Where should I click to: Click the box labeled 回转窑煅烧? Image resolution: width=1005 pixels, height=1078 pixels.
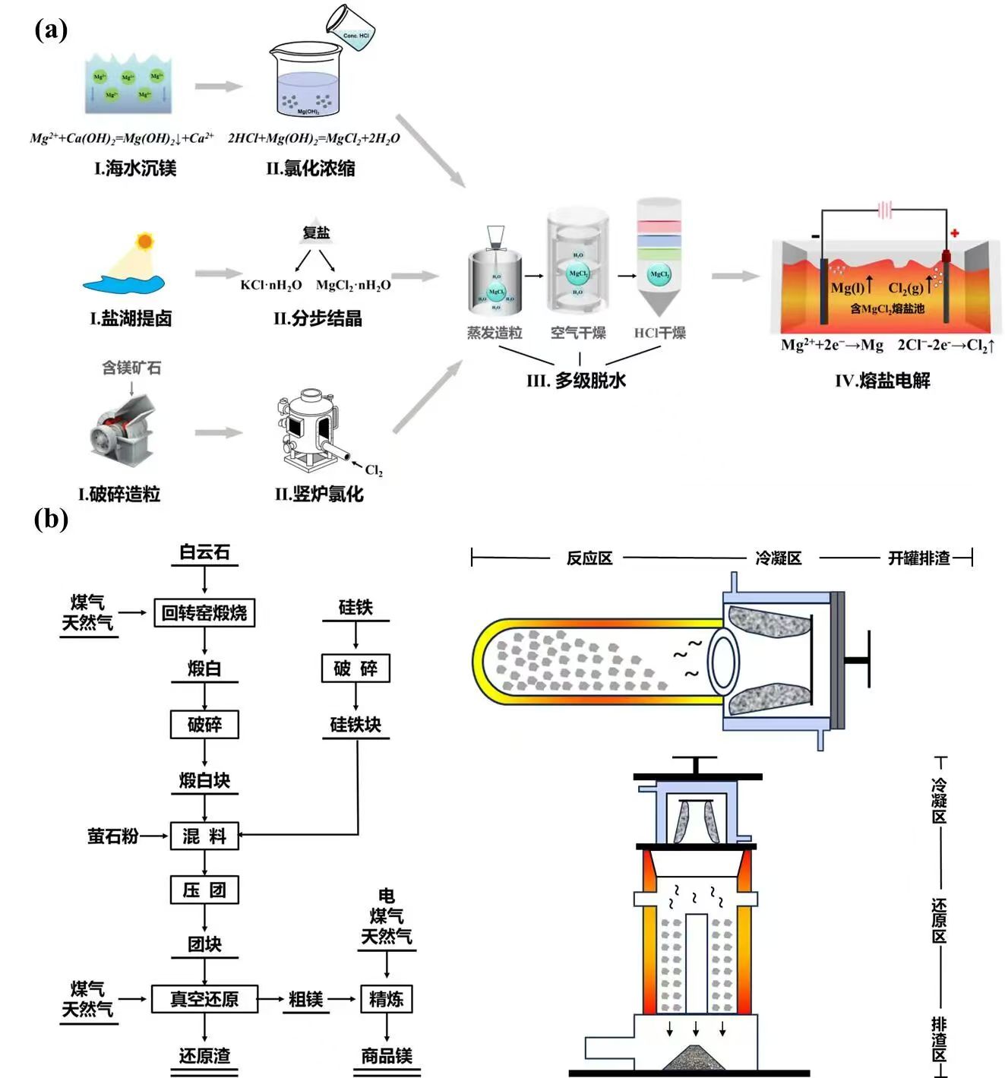click(204, 612)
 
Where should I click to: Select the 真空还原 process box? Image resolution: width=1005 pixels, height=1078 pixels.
click(204, 998)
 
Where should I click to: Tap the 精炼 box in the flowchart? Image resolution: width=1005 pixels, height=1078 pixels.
click(386, 998)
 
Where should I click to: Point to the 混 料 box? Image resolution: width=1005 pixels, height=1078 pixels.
click(204, 836)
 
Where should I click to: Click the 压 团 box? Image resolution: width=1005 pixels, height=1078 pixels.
click(204, 890)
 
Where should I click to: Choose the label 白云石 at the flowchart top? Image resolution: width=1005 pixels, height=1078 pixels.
click(204, 552)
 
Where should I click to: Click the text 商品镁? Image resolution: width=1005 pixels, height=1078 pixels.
click(387, 1055)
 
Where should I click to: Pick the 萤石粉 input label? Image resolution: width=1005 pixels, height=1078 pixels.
click(113, 836)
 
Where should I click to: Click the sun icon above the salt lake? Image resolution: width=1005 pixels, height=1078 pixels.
click(144, 242)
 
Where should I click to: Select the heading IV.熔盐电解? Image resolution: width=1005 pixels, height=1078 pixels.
click(882, 381)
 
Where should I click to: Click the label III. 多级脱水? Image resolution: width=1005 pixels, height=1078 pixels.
click(576, 381)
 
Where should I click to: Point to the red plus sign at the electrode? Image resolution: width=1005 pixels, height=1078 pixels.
click(954, 233)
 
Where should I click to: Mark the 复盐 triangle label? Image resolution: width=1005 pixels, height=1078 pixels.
click(316, 232)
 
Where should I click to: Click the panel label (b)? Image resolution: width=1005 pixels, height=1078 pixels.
click(51, 519)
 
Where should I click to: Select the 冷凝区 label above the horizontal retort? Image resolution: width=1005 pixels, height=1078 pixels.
click(778, 558)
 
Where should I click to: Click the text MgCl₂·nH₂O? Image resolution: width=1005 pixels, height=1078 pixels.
click(353, 285)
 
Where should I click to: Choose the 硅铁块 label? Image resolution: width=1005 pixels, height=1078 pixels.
click(356, 725)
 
